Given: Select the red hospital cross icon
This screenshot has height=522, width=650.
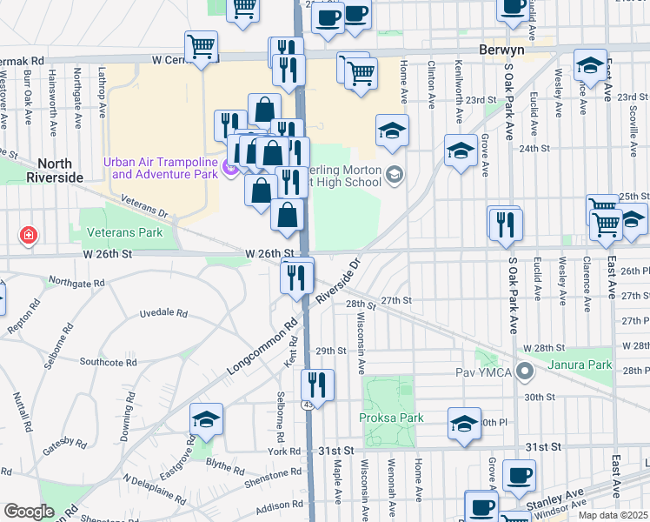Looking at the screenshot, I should [x=28, y=235].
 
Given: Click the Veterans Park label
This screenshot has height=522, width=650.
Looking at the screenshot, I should [x=125, y=233].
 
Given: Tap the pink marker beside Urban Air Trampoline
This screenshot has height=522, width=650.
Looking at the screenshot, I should [x=230, y=168].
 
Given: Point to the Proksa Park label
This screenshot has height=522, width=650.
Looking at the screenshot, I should [x=391, y=418].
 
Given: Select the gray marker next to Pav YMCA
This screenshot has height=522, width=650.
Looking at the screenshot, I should [x=524, y=372].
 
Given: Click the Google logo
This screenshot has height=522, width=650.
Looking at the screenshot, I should [x=29, y=512].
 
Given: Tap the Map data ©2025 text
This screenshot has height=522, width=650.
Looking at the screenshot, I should [x=613, y=515].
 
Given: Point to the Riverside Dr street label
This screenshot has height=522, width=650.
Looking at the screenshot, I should [x=338, y=280].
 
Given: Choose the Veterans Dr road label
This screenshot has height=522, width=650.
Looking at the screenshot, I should [x=143, y=207].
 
